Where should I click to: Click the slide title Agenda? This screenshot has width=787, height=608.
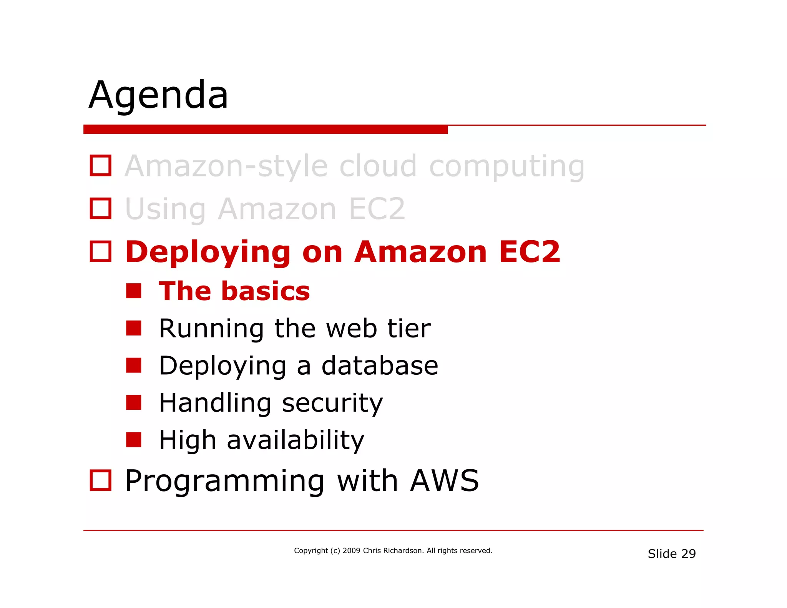coord(159,95)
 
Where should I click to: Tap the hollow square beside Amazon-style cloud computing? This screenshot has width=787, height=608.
coord(101,166)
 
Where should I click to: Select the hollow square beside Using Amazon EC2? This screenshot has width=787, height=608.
coord(101,209)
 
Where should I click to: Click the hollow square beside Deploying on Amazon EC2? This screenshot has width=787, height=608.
coord(101,252)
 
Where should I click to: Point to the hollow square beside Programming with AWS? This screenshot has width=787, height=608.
coord(101,480)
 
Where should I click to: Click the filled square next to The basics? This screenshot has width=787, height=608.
coord(134,291)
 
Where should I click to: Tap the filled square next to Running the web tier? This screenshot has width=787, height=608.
coord(134,328)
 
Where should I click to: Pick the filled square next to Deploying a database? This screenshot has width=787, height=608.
coord(134,365)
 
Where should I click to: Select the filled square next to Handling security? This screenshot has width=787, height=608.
coord(134,403)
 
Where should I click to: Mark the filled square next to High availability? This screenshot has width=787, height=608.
coord(134,440)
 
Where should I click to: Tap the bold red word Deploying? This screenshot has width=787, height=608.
coord(208,253)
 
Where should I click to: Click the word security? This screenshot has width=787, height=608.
coord(332,404)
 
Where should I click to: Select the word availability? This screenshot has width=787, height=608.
coord(295,440)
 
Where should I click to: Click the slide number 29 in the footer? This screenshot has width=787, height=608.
coord(689,554)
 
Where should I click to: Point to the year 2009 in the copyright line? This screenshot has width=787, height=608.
coord(351,551)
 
